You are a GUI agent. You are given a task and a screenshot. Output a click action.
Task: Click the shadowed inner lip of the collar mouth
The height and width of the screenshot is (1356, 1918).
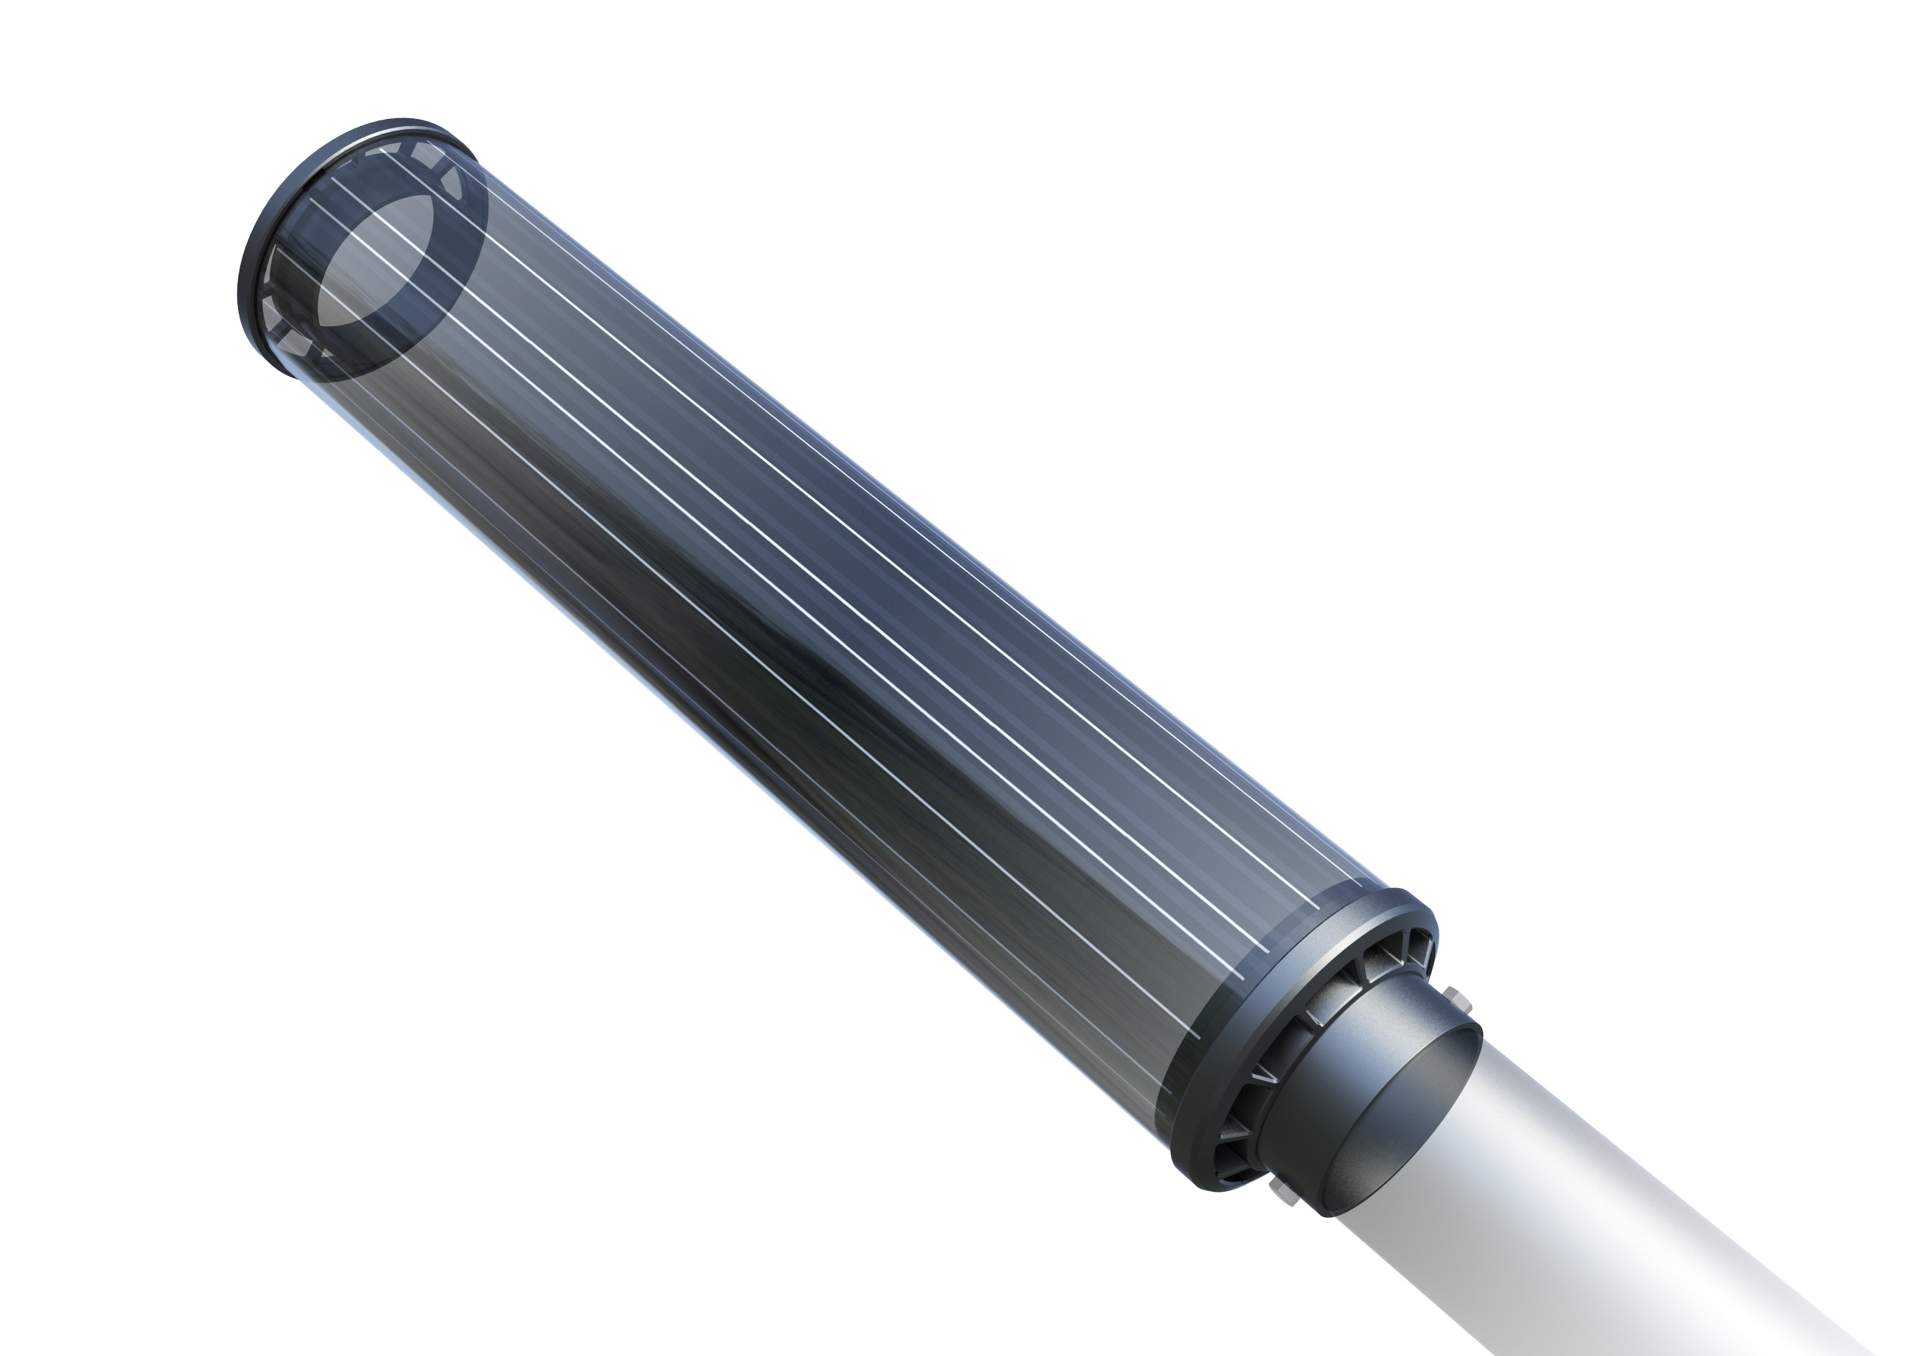tap(1412, 1111)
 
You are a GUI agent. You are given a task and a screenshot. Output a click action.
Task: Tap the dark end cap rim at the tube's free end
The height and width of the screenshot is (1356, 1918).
tap(259, 250)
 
